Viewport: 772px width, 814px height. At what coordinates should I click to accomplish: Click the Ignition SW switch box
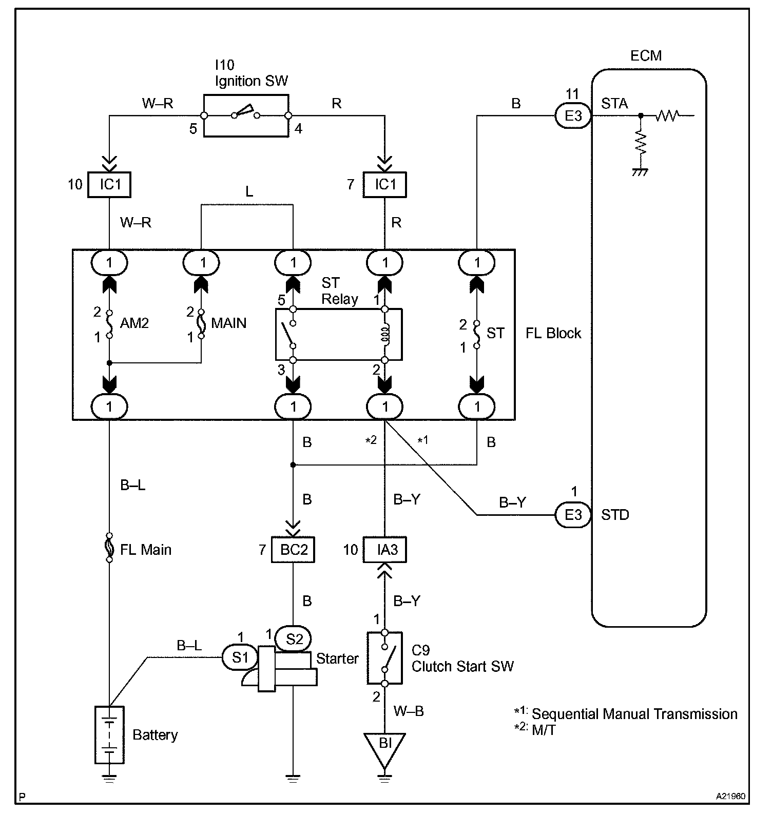(246, 115)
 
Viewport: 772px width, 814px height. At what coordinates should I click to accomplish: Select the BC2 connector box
(293, 550)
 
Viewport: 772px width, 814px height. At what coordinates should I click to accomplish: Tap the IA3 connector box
(385, 550)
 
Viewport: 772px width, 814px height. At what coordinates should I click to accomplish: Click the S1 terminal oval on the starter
(240, 657)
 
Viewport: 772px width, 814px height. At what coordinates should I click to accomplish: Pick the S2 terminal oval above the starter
(294, 639)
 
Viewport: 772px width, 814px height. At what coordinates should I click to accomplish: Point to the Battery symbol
(110, 734)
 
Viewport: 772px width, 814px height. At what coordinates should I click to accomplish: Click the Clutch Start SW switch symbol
(384, 658)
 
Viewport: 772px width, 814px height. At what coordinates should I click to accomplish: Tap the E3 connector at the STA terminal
(573, 115)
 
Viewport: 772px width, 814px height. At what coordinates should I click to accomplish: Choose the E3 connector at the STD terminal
(573, 514)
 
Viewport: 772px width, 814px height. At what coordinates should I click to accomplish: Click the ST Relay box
(339, 334)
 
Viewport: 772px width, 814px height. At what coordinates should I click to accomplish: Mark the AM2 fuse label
(134, 323)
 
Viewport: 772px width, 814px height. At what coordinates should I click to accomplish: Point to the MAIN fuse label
(228, 323)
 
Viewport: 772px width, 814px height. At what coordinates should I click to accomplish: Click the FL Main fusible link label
(145, 550)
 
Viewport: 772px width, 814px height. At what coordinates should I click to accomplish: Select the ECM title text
(646, 55)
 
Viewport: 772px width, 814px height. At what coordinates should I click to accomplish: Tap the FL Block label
(553, 333)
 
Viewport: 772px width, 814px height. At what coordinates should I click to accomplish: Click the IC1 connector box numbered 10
(109, 185)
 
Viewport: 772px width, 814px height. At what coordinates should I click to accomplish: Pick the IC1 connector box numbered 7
(385, 185)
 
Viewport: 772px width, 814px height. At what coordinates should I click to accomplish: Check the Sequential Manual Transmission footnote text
(634, 714)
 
